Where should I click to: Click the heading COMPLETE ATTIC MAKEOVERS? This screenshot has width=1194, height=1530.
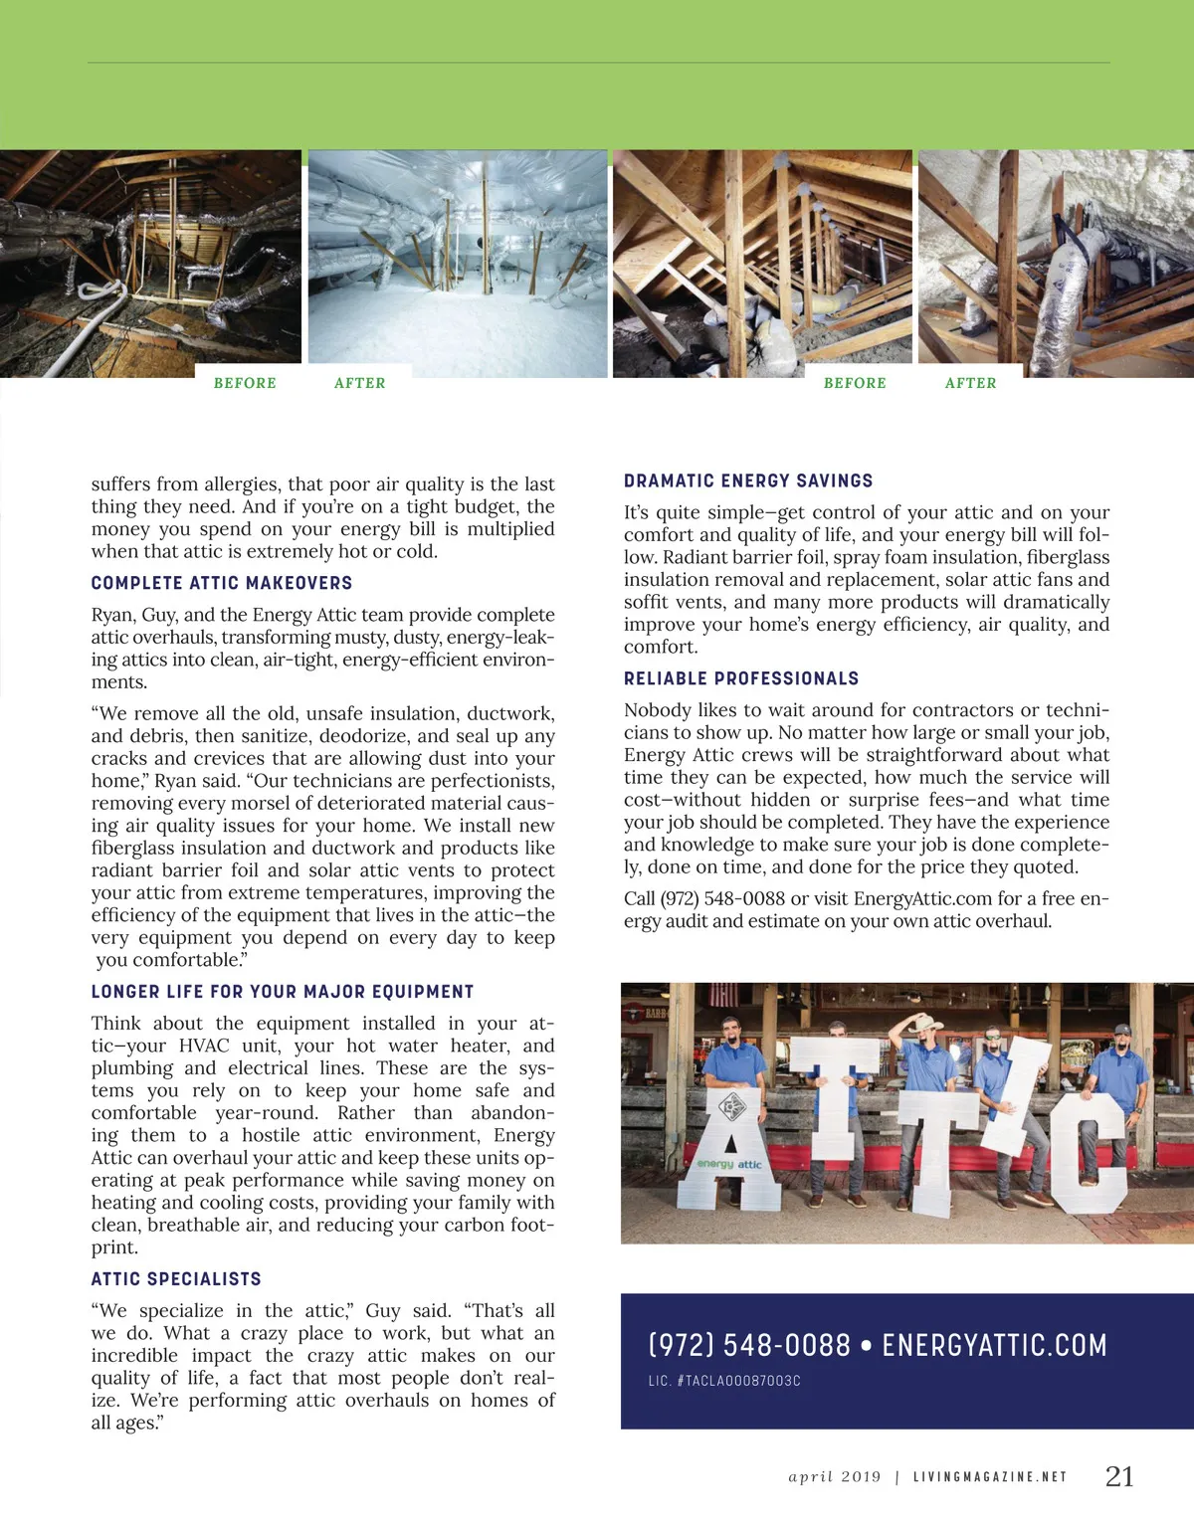[221, 583]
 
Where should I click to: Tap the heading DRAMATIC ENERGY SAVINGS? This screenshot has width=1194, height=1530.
[748, 481]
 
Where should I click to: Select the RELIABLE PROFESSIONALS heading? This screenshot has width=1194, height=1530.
[741, 678]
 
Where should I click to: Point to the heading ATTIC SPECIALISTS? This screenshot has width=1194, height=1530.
[176, 1279]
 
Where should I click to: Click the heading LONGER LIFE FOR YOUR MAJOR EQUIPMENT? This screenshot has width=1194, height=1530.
[283, 992]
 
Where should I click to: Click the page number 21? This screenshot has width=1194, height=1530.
[1119, 1476]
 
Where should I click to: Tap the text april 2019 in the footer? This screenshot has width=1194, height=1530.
[834, 1477]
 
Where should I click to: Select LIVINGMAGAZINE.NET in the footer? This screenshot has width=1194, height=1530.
[989, 1477]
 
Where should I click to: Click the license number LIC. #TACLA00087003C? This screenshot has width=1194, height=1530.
[724, 1381]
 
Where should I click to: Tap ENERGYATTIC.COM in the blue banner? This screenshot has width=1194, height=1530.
[994, 1346]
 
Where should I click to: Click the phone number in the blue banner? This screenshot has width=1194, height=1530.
[749, 1346]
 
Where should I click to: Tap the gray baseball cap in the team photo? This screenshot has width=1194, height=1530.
[1122, 1030]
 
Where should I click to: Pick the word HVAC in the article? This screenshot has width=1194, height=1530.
[204, 1046]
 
